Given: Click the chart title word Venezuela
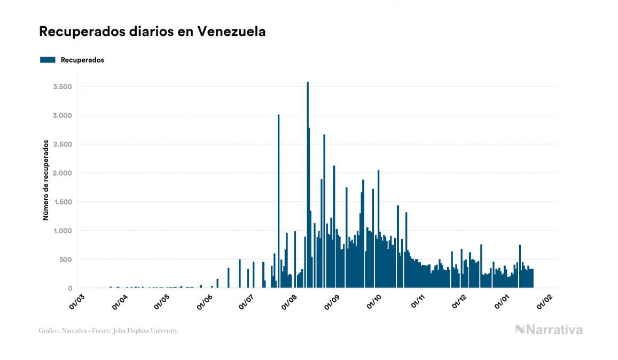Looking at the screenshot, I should coord(232,32).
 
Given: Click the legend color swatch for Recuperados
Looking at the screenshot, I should coord(48,60).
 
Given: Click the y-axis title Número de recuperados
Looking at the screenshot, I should coord(46,180).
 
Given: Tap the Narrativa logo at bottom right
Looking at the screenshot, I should coord(549,330).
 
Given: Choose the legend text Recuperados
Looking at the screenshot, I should coord(82,60).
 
